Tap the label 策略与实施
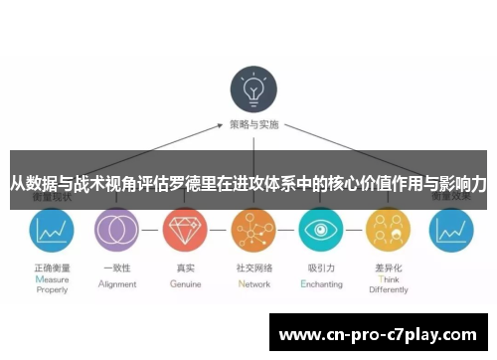[x=254, y=126]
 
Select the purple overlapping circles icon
[x=115, y=231]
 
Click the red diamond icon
[x=183, y=231]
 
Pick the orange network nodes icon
[x=252, y=231]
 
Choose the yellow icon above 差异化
[x=388, y=231]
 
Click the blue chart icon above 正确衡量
[x=51, y=231]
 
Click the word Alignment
[x=118, y=283]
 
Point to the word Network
[x=254, y=283]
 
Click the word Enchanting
[x=322, y=283]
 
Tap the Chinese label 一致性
[x=118, y=269]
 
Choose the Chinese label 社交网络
[x=254, y=269]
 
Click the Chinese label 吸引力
[x=322, y=269]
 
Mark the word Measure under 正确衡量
[x=53, y=280]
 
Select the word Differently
[x=389, y=290]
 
